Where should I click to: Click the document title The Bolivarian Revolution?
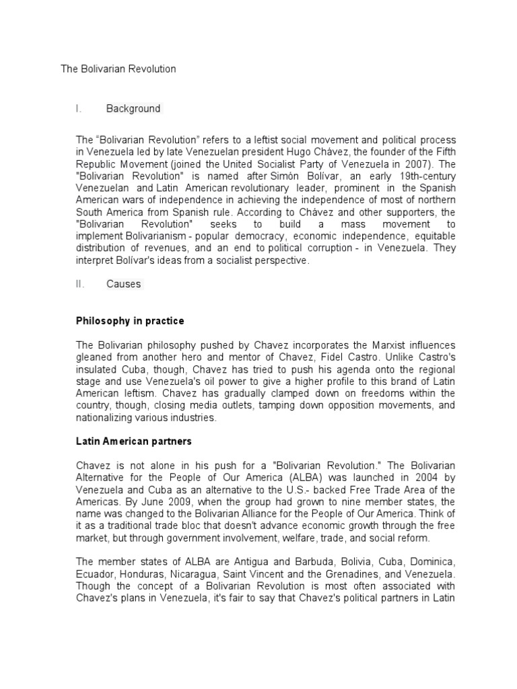coord(118,69)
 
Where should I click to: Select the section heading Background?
coord(133,108)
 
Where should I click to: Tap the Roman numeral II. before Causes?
coord(80,284)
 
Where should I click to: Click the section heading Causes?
coord(124,284)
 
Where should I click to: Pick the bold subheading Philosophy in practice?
coord(130,321)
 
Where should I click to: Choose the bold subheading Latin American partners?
coord(133,441)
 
